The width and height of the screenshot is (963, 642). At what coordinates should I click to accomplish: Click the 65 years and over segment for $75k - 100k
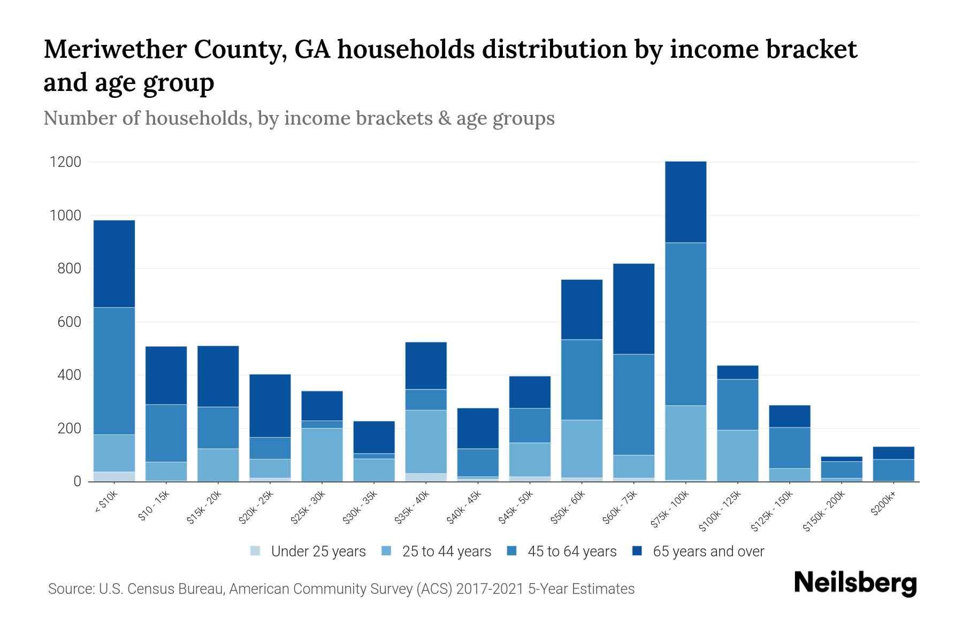685,202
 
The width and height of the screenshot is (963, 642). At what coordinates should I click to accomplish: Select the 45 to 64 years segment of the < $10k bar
114,371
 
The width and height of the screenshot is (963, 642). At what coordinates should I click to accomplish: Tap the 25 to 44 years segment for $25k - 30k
322,455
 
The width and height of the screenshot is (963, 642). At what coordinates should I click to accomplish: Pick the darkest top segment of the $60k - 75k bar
633,309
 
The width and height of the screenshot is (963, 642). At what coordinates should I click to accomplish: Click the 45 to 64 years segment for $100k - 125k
737,404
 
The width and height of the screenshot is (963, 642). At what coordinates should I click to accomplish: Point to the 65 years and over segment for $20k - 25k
270,406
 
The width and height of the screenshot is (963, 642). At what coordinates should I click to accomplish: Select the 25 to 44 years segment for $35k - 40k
426,441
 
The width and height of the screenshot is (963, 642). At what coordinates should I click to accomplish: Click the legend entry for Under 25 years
308,552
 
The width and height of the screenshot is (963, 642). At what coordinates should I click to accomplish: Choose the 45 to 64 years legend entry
562,552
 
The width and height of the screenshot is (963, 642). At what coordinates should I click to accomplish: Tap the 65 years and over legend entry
698,552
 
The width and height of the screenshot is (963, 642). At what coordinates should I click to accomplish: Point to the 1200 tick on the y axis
65,162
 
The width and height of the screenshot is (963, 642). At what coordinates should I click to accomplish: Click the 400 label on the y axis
69,375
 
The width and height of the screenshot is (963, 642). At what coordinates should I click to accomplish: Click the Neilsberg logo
855,583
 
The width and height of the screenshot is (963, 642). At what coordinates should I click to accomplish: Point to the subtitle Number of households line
299,118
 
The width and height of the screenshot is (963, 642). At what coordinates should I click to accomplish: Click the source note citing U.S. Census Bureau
341,589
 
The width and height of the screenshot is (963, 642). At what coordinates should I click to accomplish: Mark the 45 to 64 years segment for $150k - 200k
841,469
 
